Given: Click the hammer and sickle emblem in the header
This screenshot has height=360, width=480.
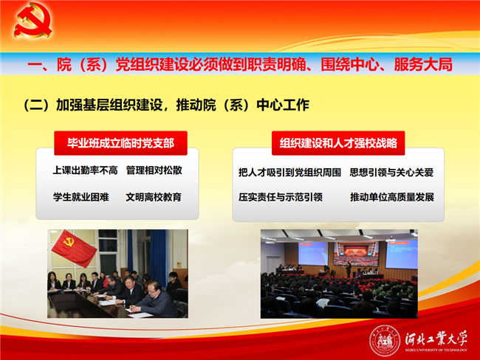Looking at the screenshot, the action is [32, 21].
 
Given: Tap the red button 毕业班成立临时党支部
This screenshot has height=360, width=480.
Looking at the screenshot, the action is [120, 143].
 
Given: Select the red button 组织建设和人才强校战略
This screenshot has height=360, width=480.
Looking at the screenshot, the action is [338, 143].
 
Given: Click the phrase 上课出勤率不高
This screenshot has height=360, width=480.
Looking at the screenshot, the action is [86, 170].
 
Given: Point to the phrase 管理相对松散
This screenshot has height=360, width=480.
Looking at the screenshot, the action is [154, 170].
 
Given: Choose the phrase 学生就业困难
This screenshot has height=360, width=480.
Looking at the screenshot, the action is [81, 197].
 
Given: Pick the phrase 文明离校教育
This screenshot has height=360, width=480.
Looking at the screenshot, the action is [154, 197].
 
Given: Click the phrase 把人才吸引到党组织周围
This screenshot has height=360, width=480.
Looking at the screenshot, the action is [289, 173].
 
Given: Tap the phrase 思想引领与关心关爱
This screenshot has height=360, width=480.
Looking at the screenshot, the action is [391, 173].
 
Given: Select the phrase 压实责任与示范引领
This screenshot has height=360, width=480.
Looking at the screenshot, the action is [281, 197].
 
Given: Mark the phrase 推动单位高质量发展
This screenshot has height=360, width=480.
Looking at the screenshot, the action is [392, 197].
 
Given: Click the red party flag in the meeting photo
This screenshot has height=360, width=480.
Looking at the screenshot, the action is [75, 248].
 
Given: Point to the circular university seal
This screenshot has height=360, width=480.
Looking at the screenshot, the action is [385, 341].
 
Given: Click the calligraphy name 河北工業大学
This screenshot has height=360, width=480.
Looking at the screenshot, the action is [436, 338].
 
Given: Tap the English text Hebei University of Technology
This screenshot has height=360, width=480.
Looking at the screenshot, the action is [436, 350].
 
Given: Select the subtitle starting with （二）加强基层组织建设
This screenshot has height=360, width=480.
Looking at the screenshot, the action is [167, 105].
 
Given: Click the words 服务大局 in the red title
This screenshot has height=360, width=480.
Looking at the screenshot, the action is [423, 64].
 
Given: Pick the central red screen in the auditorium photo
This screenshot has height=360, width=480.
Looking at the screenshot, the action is [357, 254].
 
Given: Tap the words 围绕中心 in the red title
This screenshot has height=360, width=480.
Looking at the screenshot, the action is [349, 64].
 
